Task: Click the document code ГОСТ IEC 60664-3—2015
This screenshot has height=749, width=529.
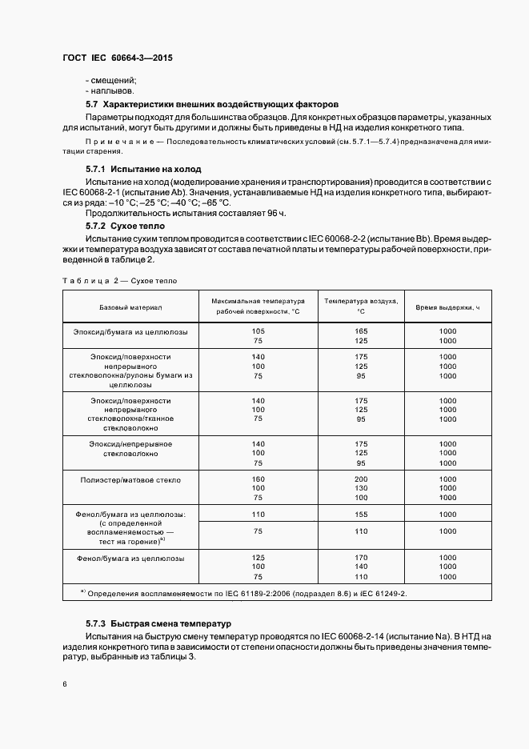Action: pos(117,58)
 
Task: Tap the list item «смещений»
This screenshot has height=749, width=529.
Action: pos(110,80)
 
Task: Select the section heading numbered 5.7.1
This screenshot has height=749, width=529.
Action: pos(132,170)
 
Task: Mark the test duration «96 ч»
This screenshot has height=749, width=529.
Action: pos(272,214)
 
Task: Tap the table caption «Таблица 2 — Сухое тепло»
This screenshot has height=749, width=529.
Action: pos(119,281)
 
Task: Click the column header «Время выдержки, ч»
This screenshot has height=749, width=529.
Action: pos(447,307)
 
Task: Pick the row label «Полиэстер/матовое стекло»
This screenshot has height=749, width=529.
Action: pos(130,480)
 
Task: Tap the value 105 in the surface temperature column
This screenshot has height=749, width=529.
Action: pos(258,331)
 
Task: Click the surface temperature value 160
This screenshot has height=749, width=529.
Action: pos(258,478)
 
